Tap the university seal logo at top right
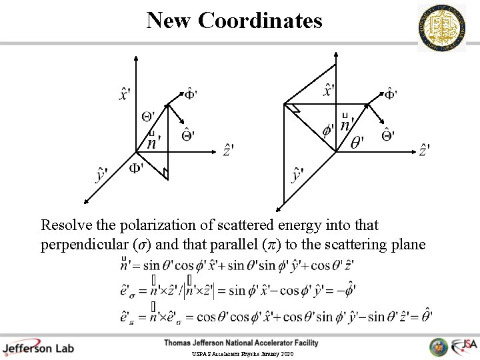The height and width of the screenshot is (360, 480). pyautogui.click(x=441, y=28)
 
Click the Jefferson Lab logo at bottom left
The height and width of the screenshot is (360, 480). pyautogui.click(x=38, y=347)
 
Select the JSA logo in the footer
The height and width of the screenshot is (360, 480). pyautogui.click(x=463, y=347)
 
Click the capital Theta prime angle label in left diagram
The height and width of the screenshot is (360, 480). pyautogui.click(x=149, y=117)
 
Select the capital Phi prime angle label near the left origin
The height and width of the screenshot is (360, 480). pyautogui.click(x=137, y=167)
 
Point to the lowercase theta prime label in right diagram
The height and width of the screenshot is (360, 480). pyautogui.click(x=358, y=143)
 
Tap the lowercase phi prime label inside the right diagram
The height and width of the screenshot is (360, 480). pyautogui.click(x=328, y=129)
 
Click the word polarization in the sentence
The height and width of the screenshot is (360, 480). pyautogui.click(x=146, y=225)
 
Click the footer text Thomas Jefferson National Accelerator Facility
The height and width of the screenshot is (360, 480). pyautogui.click(x=241, y=343)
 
